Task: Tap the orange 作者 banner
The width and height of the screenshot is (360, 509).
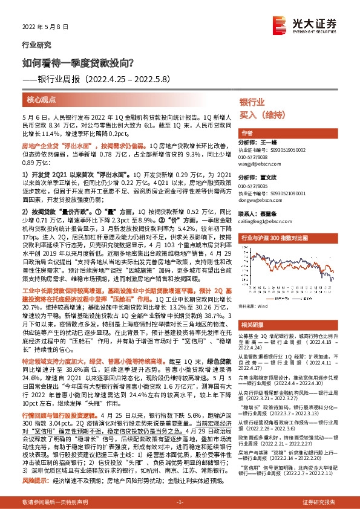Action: click(x=247, y=132)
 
